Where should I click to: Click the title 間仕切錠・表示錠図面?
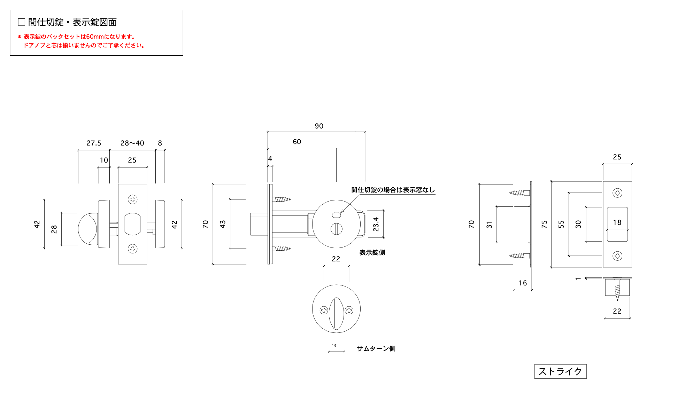(x=72, y=22)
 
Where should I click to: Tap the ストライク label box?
(x=560, y=371)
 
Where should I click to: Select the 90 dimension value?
(x=319, y=126)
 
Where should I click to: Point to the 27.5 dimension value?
(x=94, y=143)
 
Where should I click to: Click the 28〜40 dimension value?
(x=132, y=143)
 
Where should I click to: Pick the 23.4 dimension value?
(x=376, y=224)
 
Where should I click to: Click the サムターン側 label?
(x=376, y=348)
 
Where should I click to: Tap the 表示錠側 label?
(x=372, y=253)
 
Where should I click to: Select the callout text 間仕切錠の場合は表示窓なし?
(x=393, y=190)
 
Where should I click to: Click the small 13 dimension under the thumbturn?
(x=334, y=346)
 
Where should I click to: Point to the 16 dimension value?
(x=523, y=283)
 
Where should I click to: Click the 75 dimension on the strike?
(x=544, y=224)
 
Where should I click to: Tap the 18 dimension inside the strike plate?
(x=617, y=222)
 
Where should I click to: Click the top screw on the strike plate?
(x=617, y=193)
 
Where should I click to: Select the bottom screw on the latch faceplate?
(x=132, y=249)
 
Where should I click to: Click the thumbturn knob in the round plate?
(x=336, y=313)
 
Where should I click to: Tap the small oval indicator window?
(x=336, y=215)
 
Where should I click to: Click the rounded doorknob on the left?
(x=87, y=229)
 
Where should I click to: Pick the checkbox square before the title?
(x=22, y=22)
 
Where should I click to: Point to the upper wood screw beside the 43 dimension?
(x=281, y=199)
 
